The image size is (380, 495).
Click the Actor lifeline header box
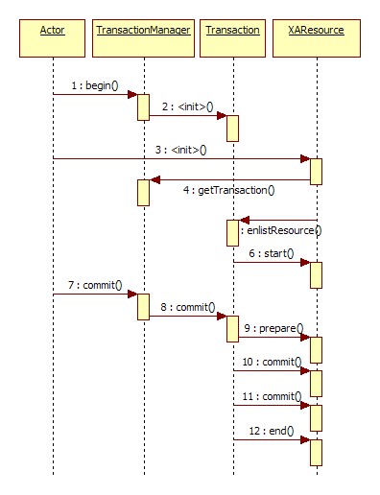tap(53, 31)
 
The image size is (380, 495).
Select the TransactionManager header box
tap(143, 31)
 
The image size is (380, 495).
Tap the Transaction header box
tap(232, 31)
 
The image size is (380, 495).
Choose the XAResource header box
tap(316, 31)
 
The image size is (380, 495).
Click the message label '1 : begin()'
tap(94, 85)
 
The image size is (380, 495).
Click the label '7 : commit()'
tap(94, 286)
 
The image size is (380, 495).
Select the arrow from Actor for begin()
tap(94, 94)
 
